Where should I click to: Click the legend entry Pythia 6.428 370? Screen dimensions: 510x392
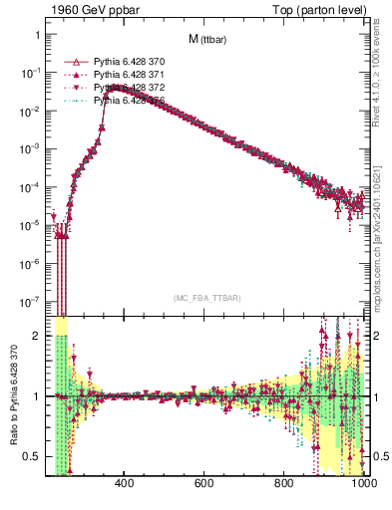click(128, 62)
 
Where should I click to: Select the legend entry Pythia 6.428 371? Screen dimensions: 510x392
click(128, 75)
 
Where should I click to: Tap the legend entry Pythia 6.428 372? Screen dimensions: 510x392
click(128, 88)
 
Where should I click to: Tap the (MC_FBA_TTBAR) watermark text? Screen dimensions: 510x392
click(206, 298)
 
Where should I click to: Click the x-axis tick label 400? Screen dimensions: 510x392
click(125, 485)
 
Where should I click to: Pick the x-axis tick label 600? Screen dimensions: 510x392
click(204, 485)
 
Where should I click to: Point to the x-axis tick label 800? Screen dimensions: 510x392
click(284, 485)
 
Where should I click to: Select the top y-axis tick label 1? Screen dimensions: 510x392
click(37, 35)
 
